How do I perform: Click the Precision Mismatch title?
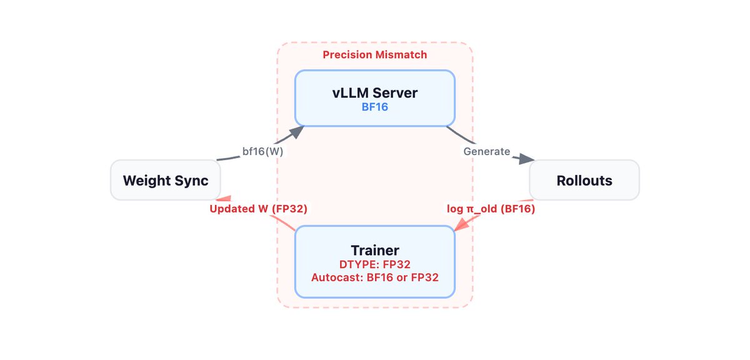[374, 55]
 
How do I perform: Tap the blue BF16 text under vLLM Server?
[374, 107]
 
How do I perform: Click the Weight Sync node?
[165, 181]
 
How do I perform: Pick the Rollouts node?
[584, 181]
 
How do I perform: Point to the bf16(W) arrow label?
[262, 152]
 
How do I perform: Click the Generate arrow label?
[486, 151]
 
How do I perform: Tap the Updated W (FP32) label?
[258, 209]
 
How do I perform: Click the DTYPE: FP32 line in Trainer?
[374, 264]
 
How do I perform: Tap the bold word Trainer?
[374, 251]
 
